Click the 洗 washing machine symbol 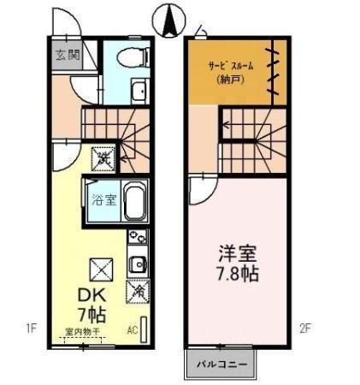[x=103, y=158]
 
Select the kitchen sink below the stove [x=137, y=262]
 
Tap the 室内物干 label [x=82, y=330]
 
